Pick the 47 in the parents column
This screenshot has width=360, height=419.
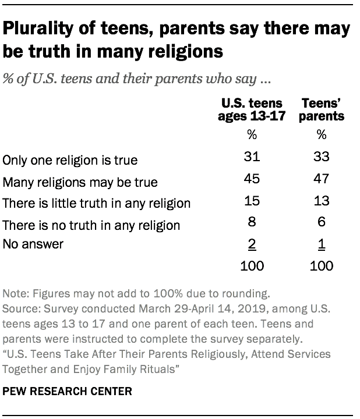click(x=322, y=180)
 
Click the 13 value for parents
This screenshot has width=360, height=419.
click(x=322, y=201)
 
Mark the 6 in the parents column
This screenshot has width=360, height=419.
click(x=322, y=223)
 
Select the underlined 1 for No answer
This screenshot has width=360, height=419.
click(x=322, y=244)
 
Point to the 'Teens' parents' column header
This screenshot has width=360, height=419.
click(x=322, y=109)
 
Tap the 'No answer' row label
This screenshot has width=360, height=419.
click(x=33, y=245)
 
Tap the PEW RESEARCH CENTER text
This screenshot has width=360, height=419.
click(x=67, y=392)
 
